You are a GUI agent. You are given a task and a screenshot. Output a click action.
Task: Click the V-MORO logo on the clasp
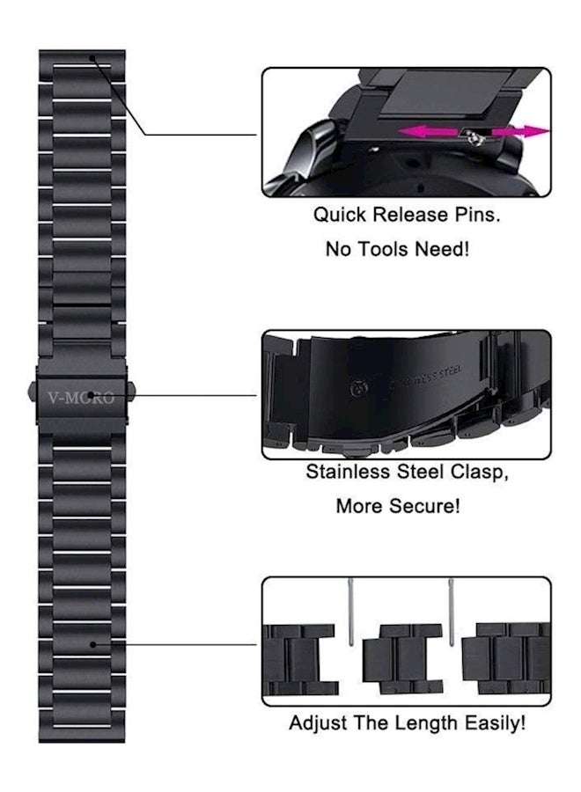[81, 398]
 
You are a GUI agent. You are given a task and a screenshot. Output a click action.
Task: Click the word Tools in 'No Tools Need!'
[380, 249]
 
